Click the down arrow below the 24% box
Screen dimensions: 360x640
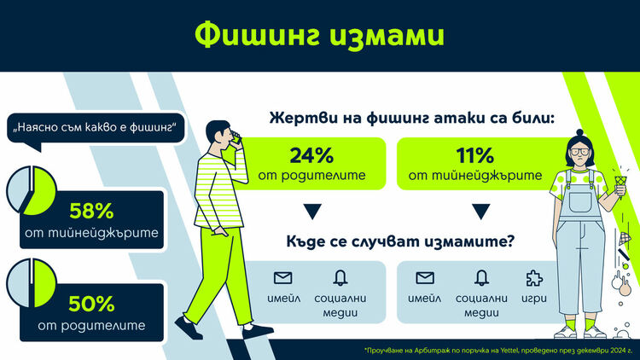(311, 210)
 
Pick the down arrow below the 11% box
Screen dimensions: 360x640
(480, 210)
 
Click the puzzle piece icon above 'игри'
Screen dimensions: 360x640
(533, 277)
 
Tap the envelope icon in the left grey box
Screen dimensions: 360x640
(283, 277)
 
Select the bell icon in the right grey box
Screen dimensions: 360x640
(480, 277)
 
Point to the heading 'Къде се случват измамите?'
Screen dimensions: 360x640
(399, 241)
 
